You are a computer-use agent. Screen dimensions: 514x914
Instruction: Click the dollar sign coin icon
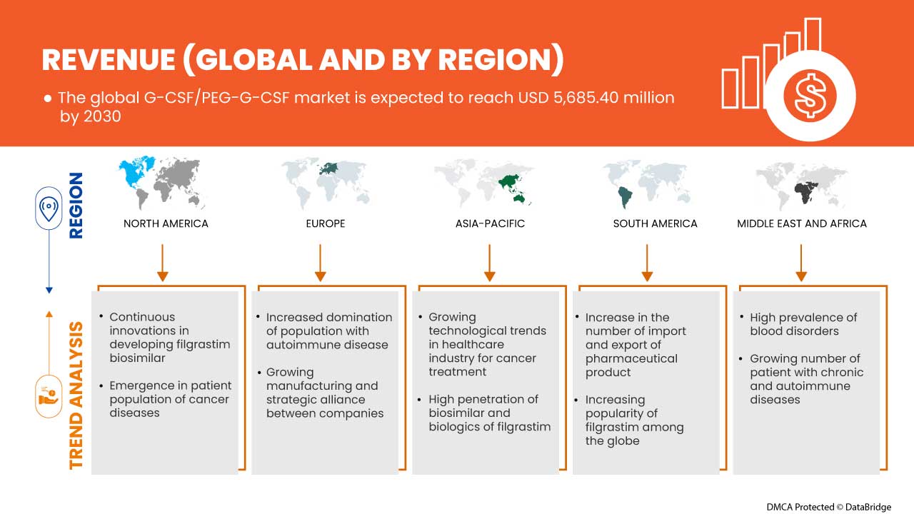[810, 96]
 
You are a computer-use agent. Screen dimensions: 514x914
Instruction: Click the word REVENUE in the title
[107, 60]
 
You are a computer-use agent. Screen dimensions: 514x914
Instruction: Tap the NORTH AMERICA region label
[166, 223]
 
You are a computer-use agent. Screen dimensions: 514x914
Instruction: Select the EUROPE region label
[325, 223]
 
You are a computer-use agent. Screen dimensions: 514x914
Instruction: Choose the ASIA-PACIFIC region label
[490, 223]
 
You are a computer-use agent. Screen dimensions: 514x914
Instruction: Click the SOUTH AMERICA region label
[655, 223]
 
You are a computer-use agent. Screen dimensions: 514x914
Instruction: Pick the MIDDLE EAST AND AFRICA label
[802, 223]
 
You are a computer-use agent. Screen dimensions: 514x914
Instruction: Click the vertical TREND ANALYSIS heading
[76, 395]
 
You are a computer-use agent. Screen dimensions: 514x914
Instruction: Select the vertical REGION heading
[76, 206]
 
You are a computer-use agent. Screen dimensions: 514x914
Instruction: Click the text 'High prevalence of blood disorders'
[803, 324]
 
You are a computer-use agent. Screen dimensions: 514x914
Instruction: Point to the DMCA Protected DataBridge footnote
[828, 507]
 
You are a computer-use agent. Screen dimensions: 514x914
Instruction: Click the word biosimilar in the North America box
[137, 358]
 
